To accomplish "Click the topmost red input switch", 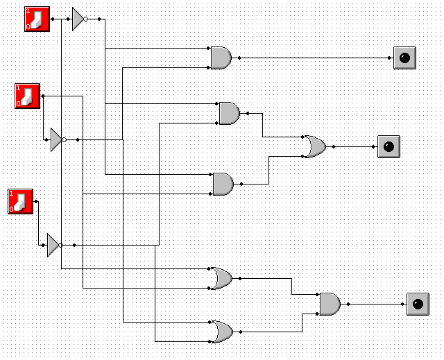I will click(37, 19).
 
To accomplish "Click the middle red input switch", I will click(28, 95).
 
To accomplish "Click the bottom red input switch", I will click(21, 201).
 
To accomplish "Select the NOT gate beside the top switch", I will click(78, 19).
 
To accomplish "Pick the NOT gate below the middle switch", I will click(56, 139).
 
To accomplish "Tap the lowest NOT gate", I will click(53, 245).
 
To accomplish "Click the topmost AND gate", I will click(221, 58).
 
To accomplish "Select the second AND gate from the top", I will click(229, 112).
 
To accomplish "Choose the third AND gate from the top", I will click(223, 184).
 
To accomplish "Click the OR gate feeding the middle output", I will click(314, 146).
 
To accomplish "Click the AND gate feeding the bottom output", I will click(330, 304).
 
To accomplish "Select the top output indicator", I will click(404, 58).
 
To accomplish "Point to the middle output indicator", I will click(388, 146).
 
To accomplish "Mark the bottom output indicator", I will click(417, 304).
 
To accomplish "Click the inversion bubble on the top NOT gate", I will click(86, 19).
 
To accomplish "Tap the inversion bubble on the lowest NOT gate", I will click(61, 245).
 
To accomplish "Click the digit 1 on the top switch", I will click(28, 11).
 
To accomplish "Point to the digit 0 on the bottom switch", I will click(12, 209).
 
